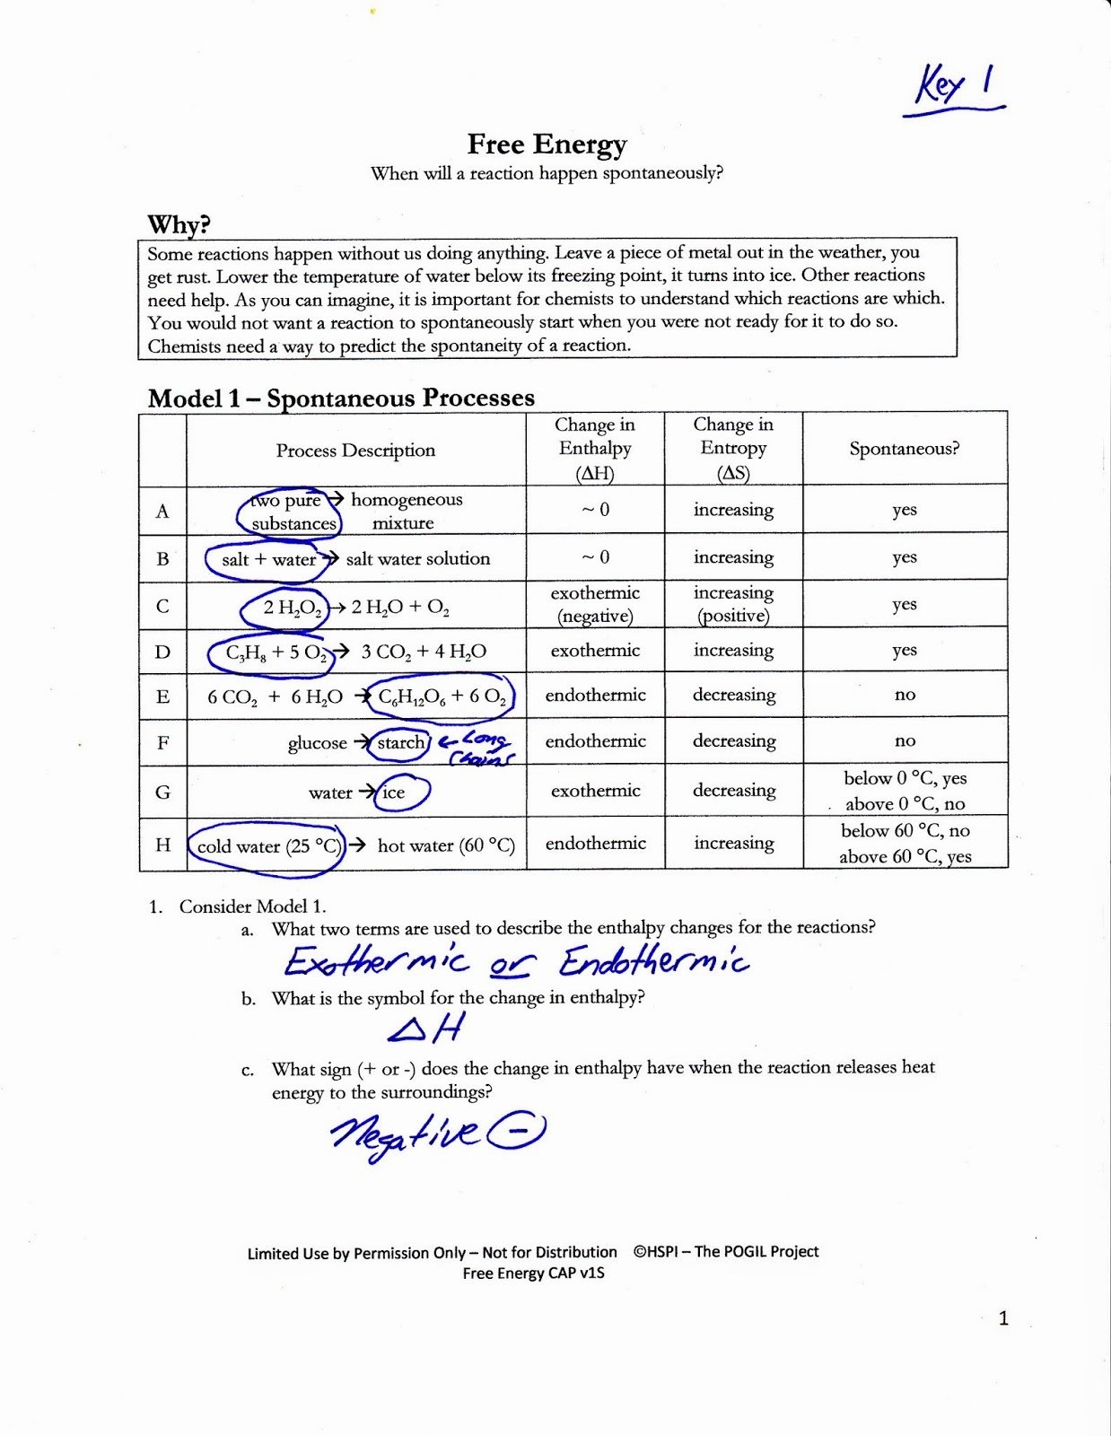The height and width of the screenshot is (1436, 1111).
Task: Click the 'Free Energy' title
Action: tap(547, 144)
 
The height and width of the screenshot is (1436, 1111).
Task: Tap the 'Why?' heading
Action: tap(179, 224)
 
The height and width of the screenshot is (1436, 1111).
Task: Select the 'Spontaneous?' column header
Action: tap(904, 449)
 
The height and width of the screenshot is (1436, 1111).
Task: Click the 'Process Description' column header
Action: tap(355, 451)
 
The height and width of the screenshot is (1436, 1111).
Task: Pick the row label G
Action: tap(162, 792)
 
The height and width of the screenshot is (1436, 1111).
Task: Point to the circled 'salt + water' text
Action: tap(268, 559)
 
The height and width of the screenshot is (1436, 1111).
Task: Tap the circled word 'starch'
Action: tap(400, 742)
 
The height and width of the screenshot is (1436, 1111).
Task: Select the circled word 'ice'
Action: tap(394, 792)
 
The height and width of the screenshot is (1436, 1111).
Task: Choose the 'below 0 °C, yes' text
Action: tap(905, 778)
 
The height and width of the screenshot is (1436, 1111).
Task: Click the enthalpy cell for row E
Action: tap(595, 695)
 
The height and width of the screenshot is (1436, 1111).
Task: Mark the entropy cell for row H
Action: tap(733, 843)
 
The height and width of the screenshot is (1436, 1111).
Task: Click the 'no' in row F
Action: tap(905, 740)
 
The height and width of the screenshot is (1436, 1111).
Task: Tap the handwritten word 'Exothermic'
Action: tap(376, 962)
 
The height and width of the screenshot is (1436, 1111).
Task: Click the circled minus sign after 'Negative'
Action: tap(516, 1132)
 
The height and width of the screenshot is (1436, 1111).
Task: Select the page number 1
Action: tap(1003, 1318)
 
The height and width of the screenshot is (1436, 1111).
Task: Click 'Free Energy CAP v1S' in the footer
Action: tap(533, 1273)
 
